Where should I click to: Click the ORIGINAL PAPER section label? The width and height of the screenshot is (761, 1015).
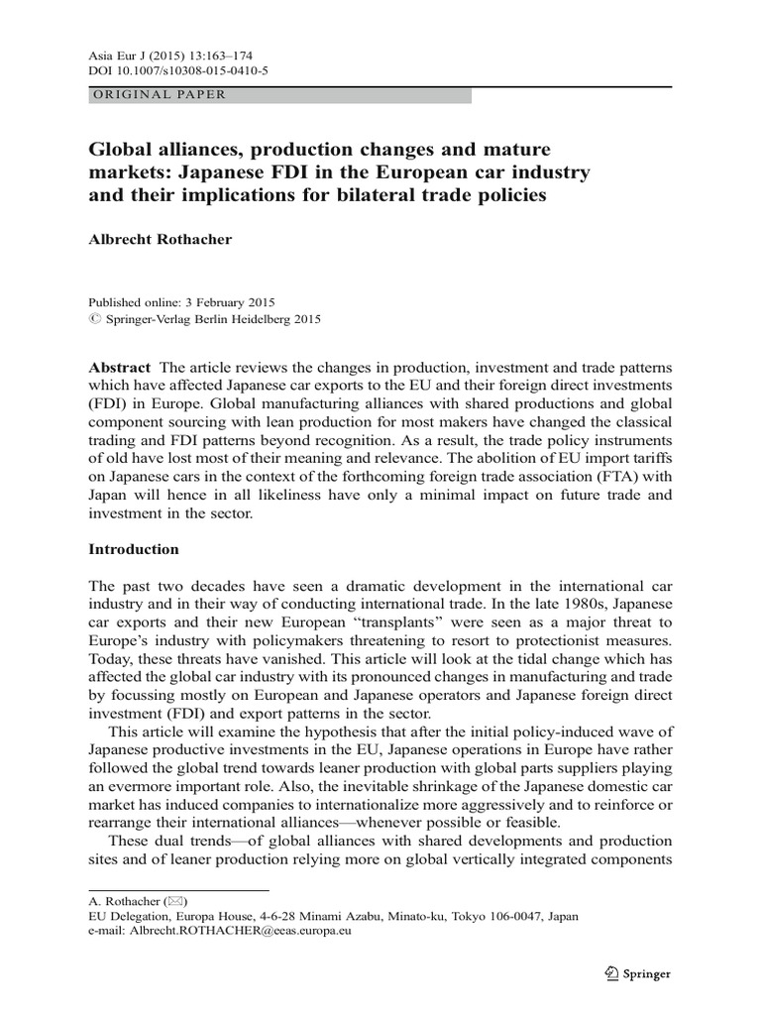click(x=160, y=95)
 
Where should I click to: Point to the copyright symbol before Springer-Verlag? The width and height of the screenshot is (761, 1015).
click(x=95, y=319)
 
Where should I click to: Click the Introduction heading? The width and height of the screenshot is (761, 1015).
click(x=134, y=548)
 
